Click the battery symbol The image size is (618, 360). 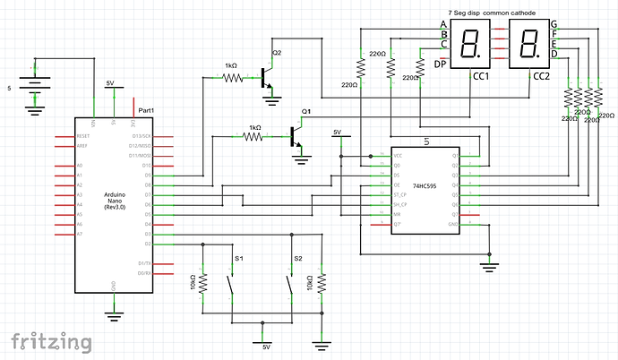pyautogui.click(x=34, y=87)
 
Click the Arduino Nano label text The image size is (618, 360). pyautogui.click(x=113, y=199)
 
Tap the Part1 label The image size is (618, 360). pyautogui.click(x=146, y=109)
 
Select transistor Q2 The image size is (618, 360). pyautogui.click(x=266, y=73)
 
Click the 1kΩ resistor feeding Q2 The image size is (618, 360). pyautogui.click(x=232, y=78)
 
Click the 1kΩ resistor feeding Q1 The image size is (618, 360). pyautogui.click(x=254, y=137)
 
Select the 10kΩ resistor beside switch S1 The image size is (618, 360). pyautogui.click(x=204, y=284)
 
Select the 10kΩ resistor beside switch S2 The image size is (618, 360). pyautogui.click(x=322, y=284)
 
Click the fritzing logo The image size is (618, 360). pyautogui.click(x=50, y=341)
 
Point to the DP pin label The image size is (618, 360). pyautogui.click(x=441, y=64)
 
